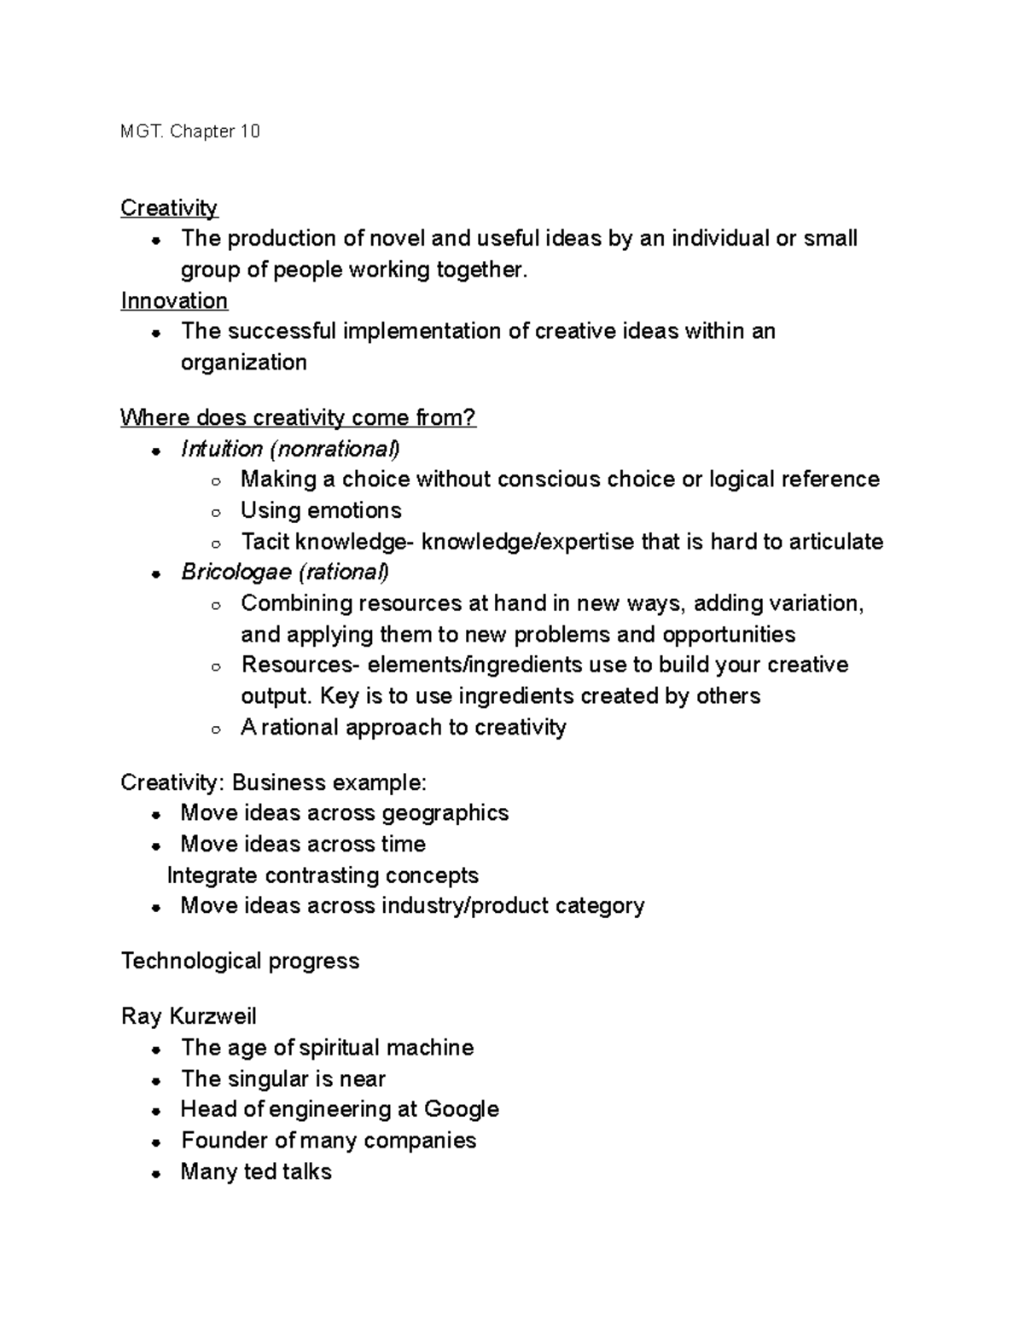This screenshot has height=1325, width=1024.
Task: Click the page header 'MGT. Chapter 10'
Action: tap(190, 131)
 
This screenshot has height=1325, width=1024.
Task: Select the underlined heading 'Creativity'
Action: tap(169, 208)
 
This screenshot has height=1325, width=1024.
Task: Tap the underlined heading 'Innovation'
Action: tap(174, 301)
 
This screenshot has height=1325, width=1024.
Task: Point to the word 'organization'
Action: tap(243, 363)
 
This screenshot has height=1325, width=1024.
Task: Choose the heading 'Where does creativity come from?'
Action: tap(298, 418)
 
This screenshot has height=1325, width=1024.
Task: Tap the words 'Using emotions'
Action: tap(321, 510)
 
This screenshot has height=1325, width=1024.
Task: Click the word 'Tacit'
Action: tap(265, 542)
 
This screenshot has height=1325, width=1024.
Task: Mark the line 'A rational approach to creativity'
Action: tap(404, 727)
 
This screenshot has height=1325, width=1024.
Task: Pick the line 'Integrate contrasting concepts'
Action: tap(323, 875)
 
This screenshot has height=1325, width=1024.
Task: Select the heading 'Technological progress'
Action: tap(240, 962)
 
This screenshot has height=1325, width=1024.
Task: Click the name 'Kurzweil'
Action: tap(213, 1016)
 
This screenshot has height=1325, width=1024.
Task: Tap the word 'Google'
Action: tap(461, 1109)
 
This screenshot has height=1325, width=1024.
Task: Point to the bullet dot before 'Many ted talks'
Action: tap(156, 1174)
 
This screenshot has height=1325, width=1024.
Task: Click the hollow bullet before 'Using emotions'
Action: tap(217, 513)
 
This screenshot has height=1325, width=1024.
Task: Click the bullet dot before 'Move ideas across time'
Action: tap(156, 846)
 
